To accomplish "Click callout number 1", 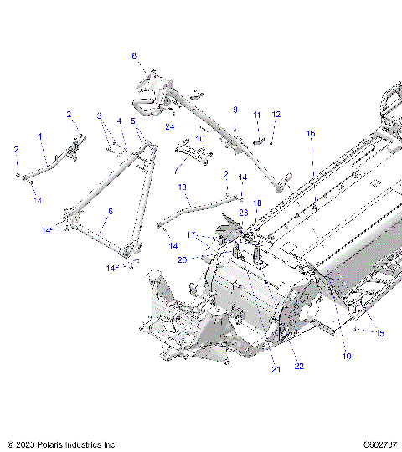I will [39, 136].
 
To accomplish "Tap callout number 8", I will [133, 55].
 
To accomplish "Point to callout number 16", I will [310, 134].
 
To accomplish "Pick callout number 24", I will [169, 127].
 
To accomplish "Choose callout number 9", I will [235, 110].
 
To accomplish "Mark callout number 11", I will [257, 115].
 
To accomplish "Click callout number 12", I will [276, 114].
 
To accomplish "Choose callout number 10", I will [199, 138].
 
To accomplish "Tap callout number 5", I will [133, 121].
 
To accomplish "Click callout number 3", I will [99, 116].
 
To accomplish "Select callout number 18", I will [257, 203].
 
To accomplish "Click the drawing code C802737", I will [379, 444].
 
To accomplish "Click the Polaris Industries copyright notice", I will [62, 444].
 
